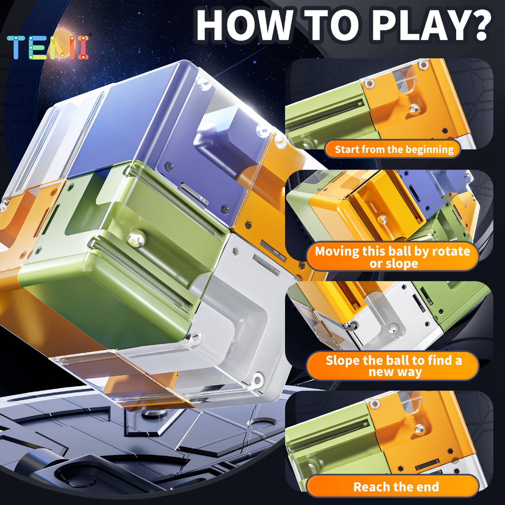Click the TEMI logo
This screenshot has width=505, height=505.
click(48, 47)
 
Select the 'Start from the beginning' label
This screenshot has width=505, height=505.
click(394, 149)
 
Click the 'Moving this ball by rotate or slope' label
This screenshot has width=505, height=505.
click(392, 257)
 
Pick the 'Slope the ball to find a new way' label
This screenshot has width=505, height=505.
click(393, 366)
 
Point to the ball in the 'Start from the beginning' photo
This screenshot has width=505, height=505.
click(414, 109)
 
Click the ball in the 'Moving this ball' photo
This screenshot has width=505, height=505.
click(383, 219)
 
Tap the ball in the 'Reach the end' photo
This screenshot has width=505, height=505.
click(420, 429)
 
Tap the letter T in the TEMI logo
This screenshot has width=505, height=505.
click(16, 47)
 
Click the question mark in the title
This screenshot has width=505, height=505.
click(479, 26)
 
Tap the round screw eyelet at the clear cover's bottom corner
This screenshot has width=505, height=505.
click(257, 379)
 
